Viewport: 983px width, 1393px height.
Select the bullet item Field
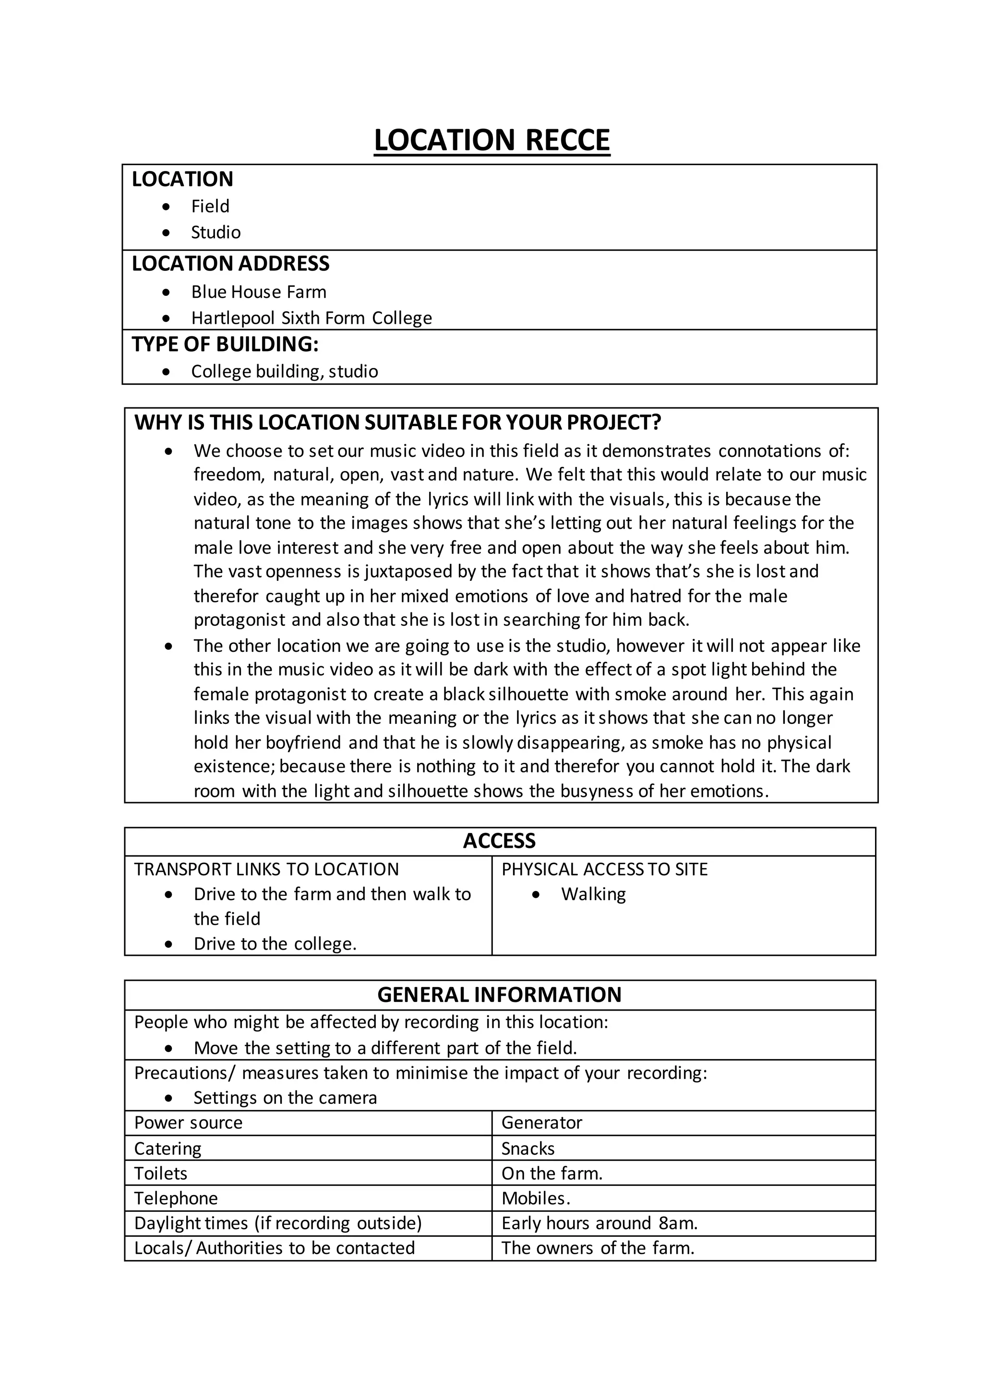point(210,206)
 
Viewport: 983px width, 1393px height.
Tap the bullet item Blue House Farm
point(258,292)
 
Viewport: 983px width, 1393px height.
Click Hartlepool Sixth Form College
point(311,318)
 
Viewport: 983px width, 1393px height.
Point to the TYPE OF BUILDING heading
point(225,344)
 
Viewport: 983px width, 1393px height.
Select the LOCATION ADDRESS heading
point(230,263)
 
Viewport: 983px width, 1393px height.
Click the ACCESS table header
point(499,841)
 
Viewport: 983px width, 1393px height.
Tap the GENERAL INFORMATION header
point(499,995)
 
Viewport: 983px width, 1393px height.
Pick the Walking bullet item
point(593,894)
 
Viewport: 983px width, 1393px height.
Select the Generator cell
point(541,1123)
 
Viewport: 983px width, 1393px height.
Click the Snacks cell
point(527,1149)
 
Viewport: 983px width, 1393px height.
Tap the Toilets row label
point(161,1173)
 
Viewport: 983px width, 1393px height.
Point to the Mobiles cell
point(536,1198)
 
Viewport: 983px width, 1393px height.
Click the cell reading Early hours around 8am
point(599,1223)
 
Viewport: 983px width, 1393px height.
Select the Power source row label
point(188,1123)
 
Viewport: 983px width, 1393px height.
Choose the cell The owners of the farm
point(597,1248)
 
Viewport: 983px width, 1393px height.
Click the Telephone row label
point(176,1198)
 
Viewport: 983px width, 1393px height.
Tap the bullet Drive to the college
point(275,944)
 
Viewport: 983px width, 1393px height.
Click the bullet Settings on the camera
point(285,1098)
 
